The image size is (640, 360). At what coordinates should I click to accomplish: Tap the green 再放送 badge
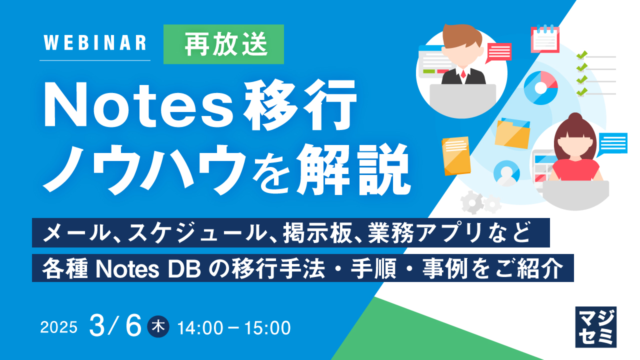click(223, 44)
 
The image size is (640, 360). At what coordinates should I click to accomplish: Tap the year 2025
click(59, 328)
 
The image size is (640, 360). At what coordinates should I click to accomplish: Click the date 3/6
click(116, 327)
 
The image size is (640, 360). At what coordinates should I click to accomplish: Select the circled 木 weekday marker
click(159, 327)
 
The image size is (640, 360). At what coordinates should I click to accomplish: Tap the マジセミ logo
click(595, 327)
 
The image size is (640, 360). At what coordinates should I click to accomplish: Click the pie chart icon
click(540, 87)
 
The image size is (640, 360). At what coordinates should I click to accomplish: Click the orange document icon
click(456, 155)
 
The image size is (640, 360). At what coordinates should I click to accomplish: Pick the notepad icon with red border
click(544, 39)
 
